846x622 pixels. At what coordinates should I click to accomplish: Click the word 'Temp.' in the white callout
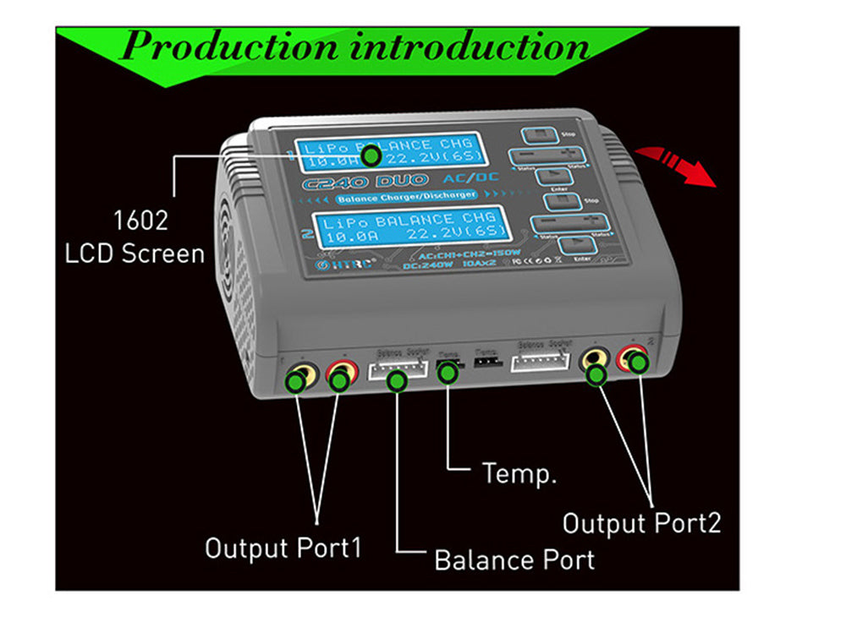pos(519,472)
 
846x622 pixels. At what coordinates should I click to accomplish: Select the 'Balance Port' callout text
pos(514,559)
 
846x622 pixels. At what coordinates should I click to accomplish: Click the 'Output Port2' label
pos(642,523)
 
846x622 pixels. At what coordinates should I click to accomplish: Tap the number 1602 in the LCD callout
pos(140,222)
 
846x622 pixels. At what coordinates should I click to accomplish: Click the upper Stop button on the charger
pos(536,136)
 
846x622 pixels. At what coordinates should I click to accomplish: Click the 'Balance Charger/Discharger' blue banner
pos(406,198)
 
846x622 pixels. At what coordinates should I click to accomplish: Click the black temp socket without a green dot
pos(486,362)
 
